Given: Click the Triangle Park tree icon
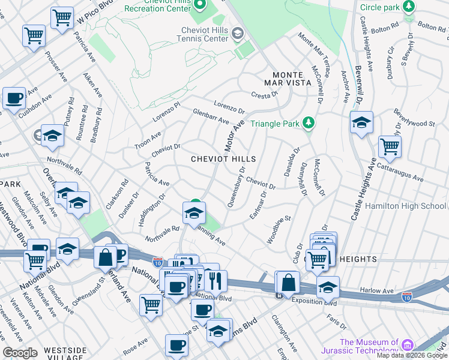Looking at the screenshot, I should [309, 124].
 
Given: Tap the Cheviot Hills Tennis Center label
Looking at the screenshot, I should [206, 34].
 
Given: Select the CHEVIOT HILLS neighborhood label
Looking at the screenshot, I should [223, 160].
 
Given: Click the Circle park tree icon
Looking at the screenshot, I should [409, 7].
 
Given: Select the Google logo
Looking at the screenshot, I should [20, 353].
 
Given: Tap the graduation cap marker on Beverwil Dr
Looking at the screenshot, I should [361, 123].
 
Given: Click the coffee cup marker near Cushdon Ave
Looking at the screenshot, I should [14, 98].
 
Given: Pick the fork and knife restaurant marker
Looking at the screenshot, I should [215, 280].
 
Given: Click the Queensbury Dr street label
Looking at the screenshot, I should [237, 187].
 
